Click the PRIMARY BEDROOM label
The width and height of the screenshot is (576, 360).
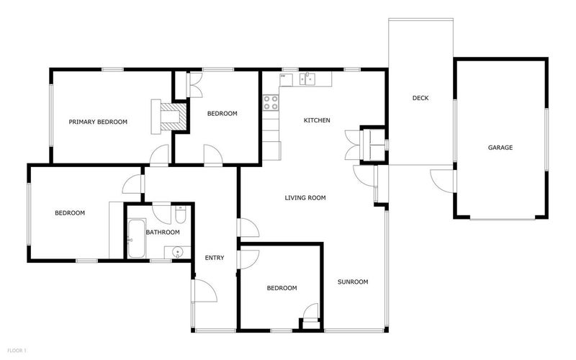coord(98,122)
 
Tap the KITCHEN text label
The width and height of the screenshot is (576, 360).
coord(317,120)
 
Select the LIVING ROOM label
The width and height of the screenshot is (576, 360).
coord(305,197)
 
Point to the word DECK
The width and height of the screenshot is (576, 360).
coord(420,98)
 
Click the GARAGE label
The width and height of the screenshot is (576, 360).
coord(500,148)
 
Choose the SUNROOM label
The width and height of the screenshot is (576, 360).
coord(353,282)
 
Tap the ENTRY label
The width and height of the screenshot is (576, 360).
coord(215,258)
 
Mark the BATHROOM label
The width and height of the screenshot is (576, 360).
coord(163,232)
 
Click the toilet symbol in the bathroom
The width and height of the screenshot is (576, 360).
coord(181,215)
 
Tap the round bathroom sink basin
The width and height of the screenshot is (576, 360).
coord(178,251)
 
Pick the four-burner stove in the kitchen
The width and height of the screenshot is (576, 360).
coord(271,103)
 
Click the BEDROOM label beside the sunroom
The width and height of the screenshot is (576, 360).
coord(282,288)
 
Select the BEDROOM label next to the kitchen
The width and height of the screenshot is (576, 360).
coord(222,113)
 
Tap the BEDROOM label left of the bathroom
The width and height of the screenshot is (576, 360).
coord(70,212)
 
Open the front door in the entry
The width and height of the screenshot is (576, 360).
coord(203,292)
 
